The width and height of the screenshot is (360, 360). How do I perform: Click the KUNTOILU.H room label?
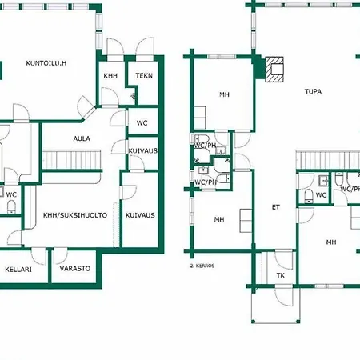(x=46, y=63)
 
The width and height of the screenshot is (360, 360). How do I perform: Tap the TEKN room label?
(x=144, y=76)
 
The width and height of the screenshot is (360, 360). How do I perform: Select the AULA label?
(x=82, y=138)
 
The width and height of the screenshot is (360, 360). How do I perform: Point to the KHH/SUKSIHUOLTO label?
(x=75, y=215)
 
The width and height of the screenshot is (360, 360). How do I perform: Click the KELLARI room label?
(x=18, y=270)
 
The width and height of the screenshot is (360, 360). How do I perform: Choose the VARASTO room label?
(x=75, y=268)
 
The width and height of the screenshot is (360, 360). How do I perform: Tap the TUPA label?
(x=313, y=91)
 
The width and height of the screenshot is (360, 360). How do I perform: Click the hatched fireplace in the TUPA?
(x=274, y=69)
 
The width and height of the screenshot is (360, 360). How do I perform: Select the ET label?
(x=276, y=207)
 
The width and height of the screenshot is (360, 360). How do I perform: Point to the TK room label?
(x=280, y=275)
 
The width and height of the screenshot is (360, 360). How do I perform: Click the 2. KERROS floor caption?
(x=202, y=266)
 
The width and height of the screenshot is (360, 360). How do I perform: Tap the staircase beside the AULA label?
(x=71, y=159)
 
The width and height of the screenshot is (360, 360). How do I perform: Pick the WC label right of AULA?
(x=142, y=123)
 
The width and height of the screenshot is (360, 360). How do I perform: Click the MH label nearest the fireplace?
(x=224, y=94)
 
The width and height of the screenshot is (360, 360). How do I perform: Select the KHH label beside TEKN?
(x=110, y=76)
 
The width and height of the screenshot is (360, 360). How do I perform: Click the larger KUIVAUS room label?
(x=140, y=215)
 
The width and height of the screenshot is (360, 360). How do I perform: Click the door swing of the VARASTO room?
(x=61, y=256)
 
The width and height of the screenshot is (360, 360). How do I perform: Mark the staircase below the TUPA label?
(x=328, y=160)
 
